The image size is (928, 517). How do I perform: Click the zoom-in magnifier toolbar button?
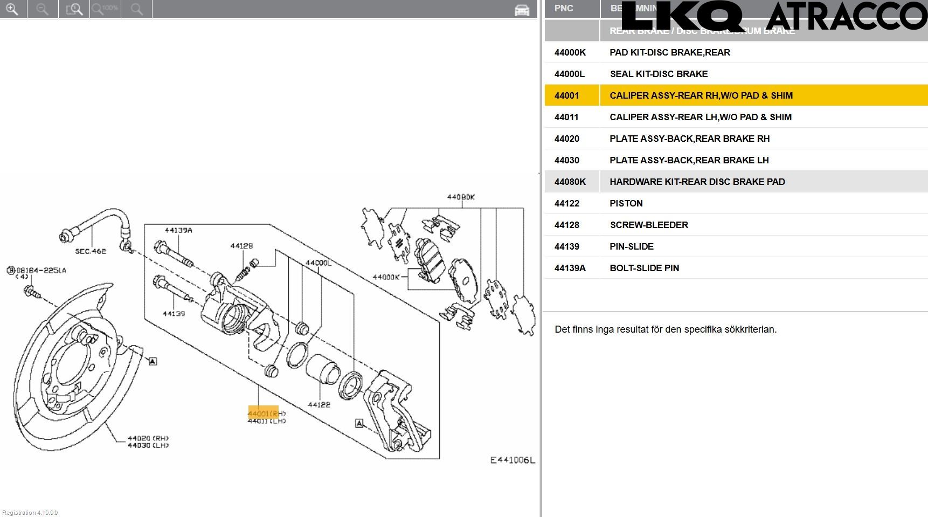coord(11,9)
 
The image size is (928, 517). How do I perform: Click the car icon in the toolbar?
coord(522,10)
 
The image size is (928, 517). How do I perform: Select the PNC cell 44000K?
coord(570,52)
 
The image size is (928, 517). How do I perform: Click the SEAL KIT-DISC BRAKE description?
coord(659,74)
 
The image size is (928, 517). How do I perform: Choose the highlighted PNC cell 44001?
coord(567,95)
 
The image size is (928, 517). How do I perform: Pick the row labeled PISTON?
coord(626,203)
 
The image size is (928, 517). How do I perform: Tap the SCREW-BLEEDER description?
coord(649,225)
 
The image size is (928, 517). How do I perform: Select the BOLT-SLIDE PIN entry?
coord(644,268)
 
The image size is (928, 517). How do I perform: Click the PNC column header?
coord(564,8)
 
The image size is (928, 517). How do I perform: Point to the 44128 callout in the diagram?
coord(241,246)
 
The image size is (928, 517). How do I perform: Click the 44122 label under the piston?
coord(319,404)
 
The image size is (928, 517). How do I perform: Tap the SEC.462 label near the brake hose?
coord(91,251)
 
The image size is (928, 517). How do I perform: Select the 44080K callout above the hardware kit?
coord(461,197)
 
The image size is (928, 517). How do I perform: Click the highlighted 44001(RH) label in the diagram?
coord(264,413)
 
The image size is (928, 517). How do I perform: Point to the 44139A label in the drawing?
coord(178,230)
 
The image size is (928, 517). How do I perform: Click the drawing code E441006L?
coord(512,460)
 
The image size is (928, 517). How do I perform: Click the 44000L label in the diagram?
coord(318,263)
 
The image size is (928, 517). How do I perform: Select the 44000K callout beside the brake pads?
coord(386,277)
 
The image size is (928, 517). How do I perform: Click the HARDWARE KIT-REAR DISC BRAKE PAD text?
coord(697,182)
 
